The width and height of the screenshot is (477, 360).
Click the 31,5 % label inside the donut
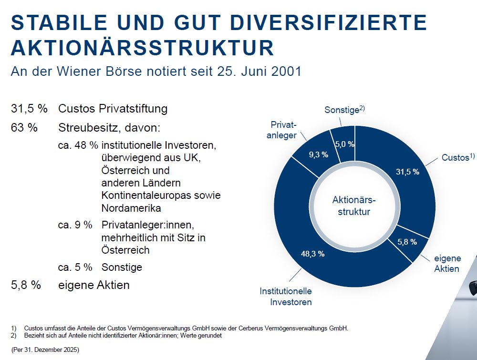[407, 172]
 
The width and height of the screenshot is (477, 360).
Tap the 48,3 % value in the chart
[313, 254]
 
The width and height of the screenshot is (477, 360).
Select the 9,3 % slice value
[319, 155]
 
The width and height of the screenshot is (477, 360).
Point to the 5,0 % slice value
[345, 144]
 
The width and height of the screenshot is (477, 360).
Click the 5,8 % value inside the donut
[407, 242]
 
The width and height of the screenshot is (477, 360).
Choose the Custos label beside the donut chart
[458, 157]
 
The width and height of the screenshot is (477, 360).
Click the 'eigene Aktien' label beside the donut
[447, 264]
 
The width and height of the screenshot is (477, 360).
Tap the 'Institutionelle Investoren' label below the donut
[286, 297]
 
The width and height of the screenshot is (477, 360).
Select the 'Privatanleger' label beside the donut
[282, 130]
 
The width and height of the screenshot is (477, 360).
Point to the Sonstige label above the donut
[344, 110]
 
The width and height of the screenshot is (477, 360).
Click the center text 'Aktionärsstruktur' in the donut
[354, 206]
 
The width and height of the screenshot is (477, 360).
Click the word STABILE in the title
[59, 22]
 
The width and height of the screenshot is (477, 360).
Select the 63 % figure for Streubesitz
[24, 127]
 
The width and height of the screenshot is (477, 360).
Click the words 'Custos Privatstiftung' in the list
[113, 109]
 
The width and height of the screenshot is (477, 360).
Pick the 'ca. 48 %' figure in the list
[78, 145]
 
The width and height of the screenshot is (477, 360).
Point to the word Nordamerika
[131, 208]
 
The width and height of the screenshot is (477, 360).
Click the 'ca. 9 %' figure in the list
[75, 225]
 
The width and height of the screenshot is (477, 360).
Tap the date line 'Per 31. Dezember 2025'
[45, 350]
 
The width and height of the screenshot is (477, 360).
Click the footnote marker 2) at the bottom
[13, 336]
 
